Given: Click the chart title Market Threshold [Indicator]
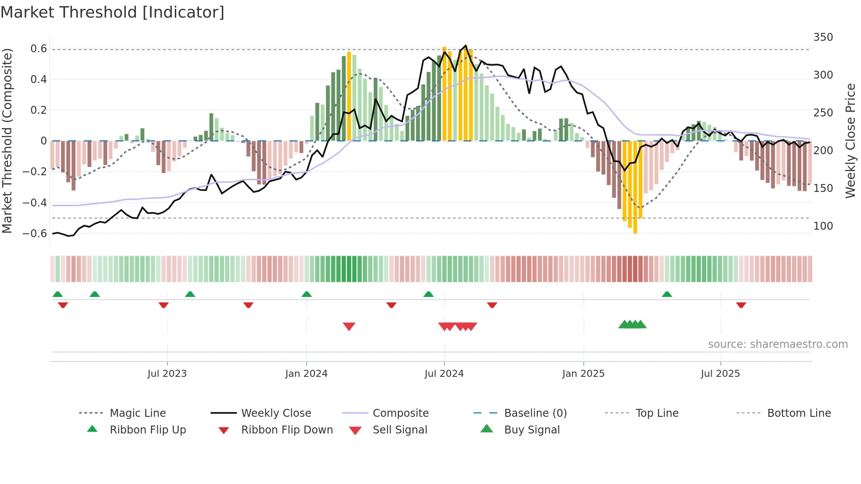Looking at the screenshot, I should click(x=112, y=12).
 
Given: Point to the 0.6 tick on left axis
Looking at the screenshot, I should click(x=39, y=49).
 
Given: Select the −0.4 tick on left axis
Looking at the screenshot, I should click(x=35, y=202).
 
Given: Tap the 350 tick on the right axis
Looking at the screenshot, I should click(x=823, y=37).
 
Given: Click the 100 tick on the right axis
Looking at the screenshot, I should click(x=823, y=226).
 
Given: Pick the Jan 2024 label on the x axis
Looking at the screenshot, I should click(x=306, y=374).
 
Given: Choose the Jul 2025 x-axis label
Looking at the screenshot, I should click(x=720, y=374).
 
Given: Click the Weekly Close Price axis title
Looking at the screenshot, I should click(x=850, y=141).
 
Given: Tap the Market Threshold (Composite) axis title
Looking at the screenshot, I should click(x=7, y=141).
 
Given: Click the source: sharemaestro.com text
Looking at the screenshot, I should click(x=778, y=344).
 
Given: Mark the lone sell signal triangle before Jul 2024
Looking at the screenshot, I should click(x=349, y=326).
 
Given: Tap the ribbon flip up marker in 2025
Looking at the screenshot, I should click(x=667, y=294).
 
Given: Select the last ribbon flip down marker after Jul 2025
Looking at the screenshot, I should click(x=741, y=305).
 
